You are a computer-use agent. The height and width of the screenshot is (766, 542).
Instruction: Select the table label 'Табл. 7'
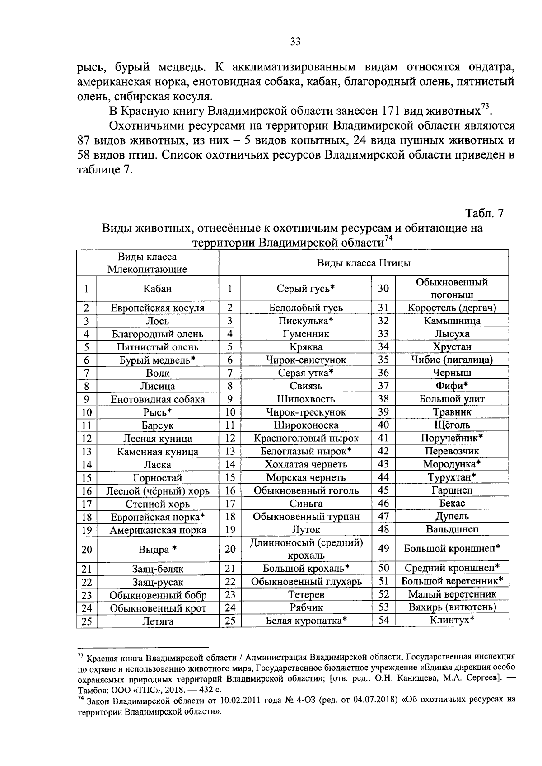484,213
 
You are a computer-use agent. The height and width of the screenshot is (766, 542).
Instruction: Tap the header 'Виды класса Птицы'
364,263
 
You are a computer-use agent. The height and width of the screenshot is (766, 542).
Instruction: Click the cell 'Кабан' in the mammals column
157,289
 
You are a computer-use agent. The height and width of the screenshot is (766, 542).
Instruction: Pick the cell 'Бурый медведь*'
157,360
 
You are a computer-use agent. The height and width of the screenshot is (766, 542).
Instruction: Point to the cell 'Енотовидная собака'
157,399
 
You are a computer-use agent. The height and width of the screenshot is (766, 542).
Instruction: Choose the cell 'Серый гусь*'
306,289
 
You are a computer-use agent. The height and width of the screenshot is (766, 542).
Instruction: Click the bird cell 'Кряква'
306,347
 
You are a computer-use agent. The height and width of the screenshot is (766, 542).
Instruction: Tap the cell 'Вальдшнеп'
452,529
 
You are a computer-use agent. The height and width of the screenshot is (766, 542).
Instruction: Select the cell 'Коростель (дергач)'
452,308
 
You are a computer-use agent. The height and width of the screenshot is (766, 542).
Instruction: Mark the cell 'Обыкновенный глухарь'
306,582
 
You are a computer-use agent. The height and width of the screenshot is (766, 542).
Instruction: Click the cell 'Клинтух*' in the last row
452,620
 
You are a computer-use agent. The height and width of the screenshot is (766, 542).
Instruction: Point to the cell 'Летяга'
157,621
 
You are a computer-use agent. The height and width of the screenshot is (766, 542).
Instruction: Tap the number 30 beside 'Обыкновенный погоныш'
383,289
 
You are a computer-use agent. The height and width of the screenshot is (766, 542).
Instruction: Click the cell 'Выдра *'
157,550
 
